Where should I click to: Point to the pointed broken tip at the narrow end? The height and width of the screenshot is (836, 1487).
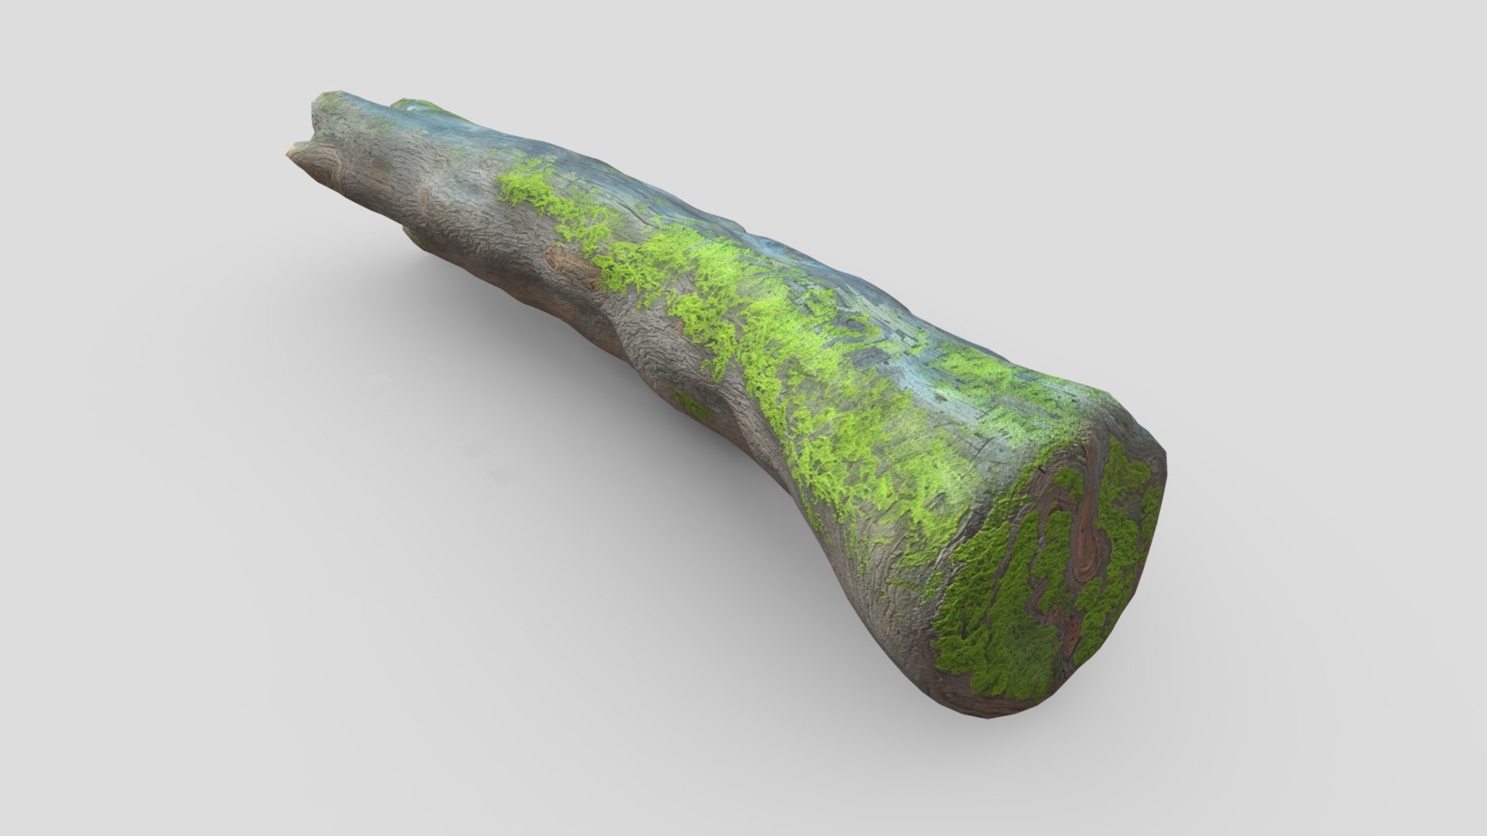pos(294,147)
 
